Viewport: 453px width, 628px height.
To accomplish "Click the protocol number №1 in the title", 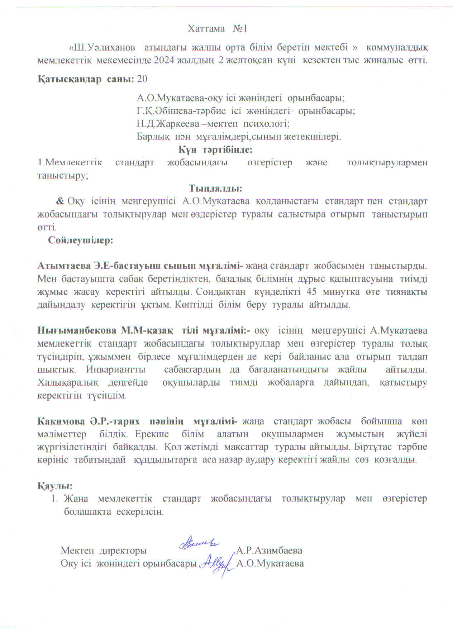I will coord(240,29).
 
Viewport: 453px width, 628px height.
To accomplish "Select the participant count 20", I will coord(142,79).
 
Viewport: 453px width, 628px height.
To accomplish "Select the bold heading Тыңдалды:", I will coord(216,188).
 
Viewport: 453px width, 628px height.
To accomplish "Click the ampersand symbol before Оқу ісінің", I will coord(61,201).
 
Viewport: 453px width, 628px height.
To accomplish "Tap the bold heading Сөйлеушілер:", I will coord(81,240).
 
